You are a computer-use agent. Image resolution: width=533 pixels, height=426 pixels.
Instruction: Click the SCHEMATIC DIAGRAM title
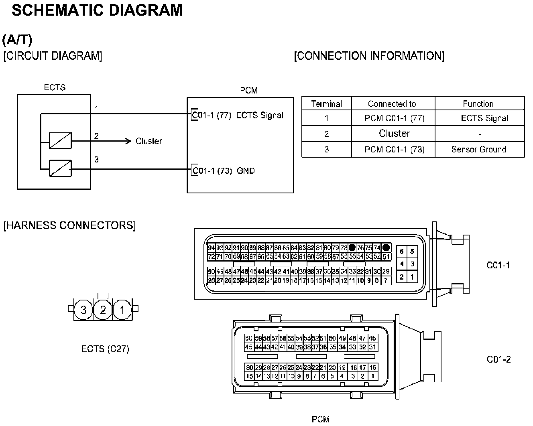(97, 10)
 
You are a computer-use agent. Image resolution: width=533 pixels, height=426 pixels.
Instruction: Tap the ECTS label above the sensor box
(55, 87)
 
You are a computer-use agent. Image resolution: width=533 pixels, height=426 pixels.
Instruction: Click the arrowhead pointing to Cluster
(128, 141)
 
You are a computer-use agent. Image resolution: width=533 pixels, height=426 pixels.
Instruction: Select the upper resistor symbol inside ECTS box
(60, 140)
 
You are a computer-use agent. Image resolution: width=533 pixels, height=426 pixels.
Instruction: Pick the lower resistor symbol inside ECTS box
(60, 168)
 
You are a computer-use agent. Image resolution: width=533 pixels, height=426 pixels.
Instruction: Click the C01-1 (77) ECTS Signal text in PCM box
(238, 116)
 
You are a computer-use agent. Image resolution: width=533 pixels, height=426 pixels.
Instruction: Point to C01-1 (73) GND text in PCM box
(224, 171)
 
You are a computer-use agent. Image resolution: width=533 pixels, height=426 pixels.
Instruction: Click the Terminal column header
(326, 103)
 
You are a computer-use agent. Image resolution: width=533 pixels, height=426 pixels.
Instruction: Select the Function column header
(478, 103)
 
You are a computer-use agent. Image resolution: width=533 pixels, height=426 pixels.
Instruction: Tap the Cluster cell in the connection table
(394, 133)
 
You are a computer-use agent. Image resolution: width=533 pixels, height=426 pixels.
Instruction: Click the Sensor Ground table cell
(478, 150)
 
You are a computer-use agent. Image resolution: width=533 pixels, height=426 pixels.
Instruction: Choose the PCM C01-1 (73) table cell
(394, 150)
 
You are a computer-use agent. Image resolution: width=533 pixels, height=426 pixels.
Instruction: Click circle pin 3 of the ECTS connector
(83, 310)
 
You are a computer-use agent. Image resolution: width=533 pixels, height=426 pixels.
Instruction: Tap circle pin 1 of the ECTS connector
(122, 310)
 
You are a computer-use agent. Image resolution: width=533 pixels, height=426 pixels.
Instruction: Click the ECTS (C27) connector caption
(105, 349)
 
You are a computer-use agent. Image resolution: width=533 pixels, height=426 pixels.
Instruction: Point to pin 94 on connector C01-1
(211, 248)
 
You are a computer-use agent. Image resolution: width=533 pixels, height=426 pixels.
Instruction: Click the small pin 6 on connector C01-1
(401, 252)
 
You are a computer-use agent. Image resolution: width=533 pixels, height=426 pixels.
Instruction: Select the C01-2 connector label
(498, 359)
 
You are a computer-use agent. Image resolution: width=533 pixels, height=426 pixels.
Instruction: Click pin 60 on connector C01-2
(249, 339)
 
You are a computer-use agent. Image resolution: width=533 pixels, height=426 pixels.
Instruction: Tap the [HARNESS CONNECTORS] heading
(69, 225)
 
